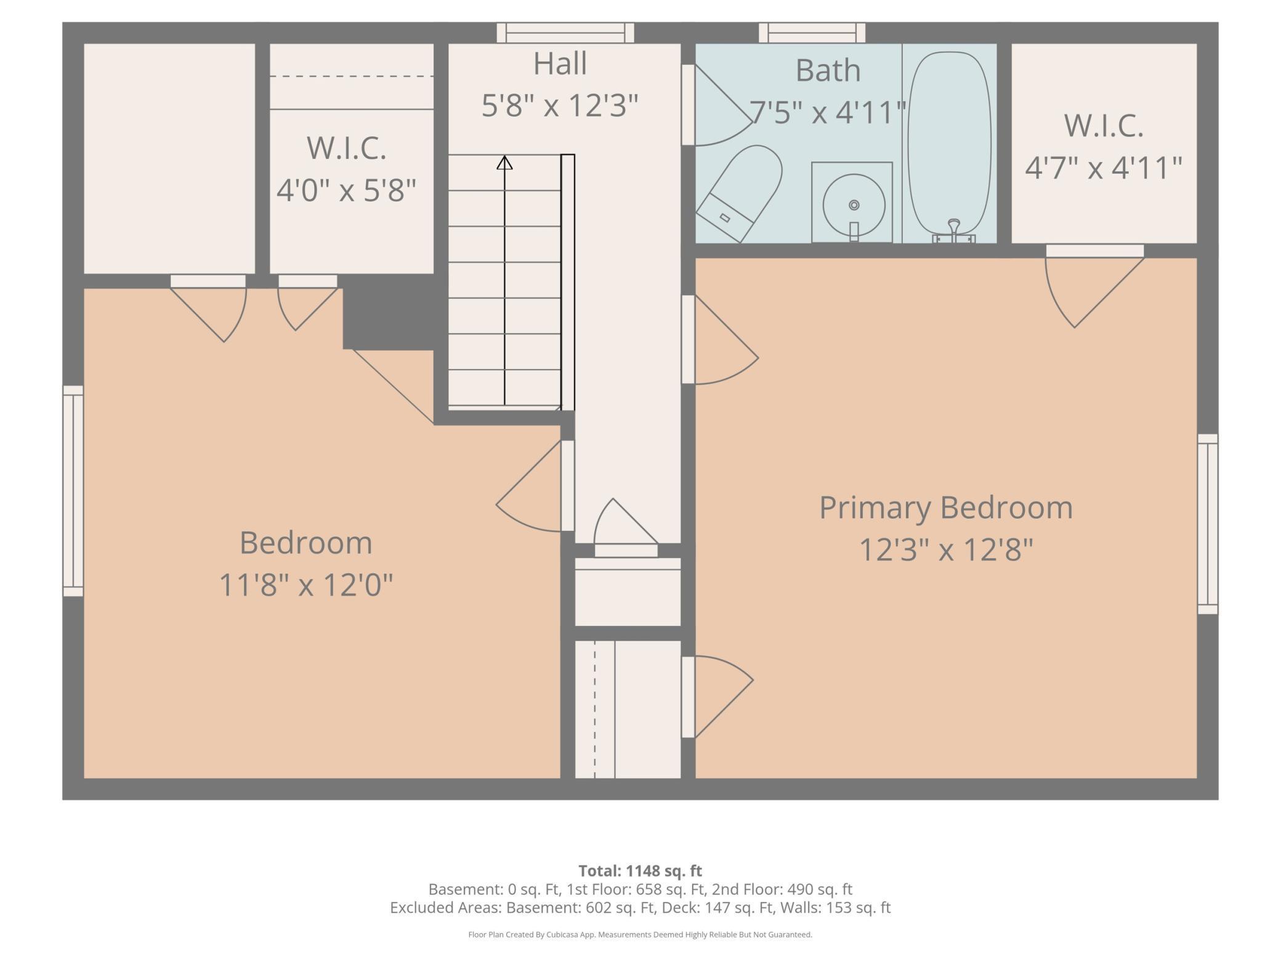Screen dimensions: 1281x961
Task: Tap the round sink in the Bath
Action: (854, 205)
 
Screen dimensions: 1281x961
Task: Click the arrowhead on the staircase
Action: (504, 163)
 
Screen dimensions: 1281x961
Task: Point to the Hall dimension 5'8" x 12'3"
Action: (559, 105)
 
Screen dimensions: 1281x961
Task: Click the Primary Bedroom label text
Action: (946, 508)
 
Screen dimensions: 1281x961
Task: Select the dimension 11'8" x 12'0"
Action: (306, 585)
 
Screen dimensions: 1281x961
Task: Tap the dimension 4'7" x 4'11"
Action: (1104, 168)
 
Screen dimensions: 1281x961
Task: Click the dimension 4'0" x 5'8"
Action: (347, 190)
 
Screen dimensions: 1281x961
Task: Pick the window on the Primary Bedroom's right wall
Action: (1208, 524)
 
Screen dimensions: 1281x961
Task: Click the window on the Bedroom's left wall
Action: (73, 491)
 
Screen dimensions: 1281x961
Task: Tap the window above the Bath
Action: (812, 33)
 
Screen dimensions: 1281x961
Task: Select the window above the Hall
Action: (565, 33)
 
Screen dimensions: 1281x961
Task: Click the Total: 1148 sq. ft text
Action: (640, 870)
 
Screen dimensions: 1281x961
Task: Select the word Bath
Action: (828, 70)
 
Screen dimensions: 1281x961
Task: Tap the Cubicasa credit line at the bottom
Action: (640, 935)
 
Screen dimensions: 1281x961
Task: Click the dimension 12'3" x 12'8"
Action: (946, 549)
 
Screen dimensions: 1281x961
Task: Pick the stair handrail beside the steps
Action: (568, 283)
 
